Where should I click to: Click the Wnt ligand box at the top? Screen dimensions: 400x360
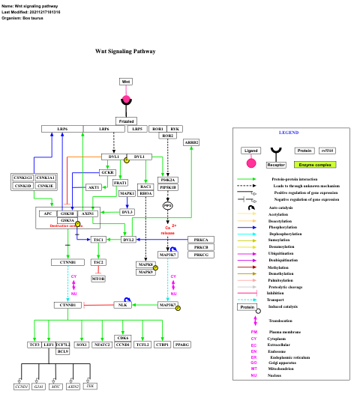[126, 81]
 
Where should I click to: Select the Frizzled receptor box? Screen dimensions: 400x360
[126, 121]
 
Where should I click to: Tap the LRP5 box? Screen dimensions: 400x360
[136, 130]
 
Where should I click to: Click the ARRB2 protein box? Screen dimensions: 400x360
[191, 142]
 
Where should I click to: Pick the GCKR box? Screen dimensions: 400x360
[108, 172]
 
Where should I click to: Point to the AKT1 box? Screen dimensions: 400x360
[94, 187]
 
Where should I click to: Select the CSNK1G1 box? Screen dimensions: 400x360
[22, 178]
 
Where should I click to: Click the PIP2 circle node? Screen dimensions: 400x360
[167, 205]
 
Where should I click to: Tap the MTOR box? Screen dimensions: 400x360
[98, 279]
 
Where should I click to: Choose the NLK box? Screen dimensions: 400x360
[122, 306]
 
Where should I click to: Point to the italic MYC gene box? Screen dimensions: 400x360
[56, 387]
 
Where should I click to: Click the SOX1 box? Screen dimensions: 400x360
[82, 345]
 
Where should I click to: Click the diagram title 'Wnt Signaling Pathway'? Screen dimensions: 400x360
[125, 52]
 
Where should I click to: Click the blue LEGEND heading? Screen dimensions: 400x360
[289, 133]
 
